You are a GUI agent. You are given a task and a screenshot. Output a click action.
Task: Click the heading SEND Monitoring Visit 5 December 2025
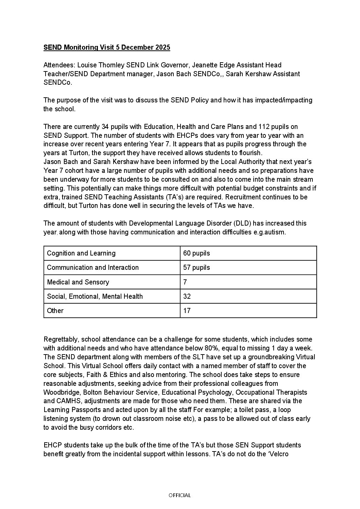pos(107,48)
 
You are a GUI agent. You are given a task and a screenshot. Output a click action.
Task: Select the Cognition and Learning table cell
pos(81,253)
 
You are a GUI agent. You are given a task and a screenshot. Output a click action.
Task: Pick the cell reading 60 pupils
pos(196,253)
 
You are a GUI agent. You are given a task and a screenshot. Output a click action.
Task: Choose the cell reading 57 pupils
pos(196,268)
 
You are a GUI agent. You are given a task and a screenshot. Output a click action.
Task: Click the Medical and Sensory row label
pos(78,282)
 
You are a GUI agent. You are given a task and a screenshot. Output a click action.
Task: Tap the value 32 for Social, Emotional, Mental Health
pos(187,297)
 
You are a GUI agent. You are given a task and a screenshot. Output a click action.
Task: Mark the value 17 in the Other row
pos(187,311)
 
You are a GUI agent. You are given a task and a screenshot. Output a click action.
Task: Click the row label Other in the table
pos(55,311)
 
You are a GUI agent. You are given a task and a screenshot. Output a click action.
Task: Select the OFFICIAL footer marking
pos(180,495)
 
